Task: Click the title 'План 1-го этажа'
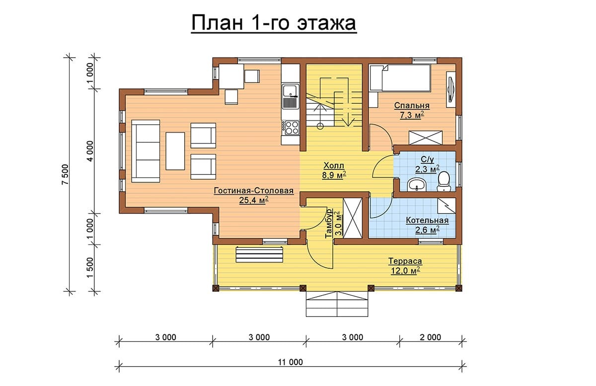[x=274, y=23]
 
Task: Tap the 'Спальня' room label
[x=412, y=105]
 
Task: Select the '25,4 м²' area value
[x=253, y=200]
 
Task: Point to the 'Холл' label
[x=334, y=165]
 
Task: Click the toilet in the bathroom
[x=444, y=181]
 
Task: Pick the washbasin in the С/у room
[x=417, y=185]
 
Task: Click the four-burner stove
[x=291, y=128]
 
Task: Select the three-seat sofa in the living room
[x=146, y=151]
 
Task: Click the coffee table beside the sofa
[x=175, y=151]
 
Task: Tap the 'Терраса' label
[x=405, y=261]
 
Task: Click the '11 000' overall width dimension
[x=290, y=362]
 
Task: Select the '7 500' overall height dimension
[x=65, y=174]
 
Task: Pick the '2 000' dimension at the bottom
[x=430, y=337]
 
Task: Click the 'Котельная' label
[x=427, y=221]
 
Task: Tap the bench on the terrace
[x=259, y=255]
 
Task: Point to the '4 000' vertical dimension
[x=90, y=151]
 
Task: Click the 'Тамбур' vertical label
[x=329, y=224]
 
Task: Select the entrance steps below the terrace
[x=337, y=304]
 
